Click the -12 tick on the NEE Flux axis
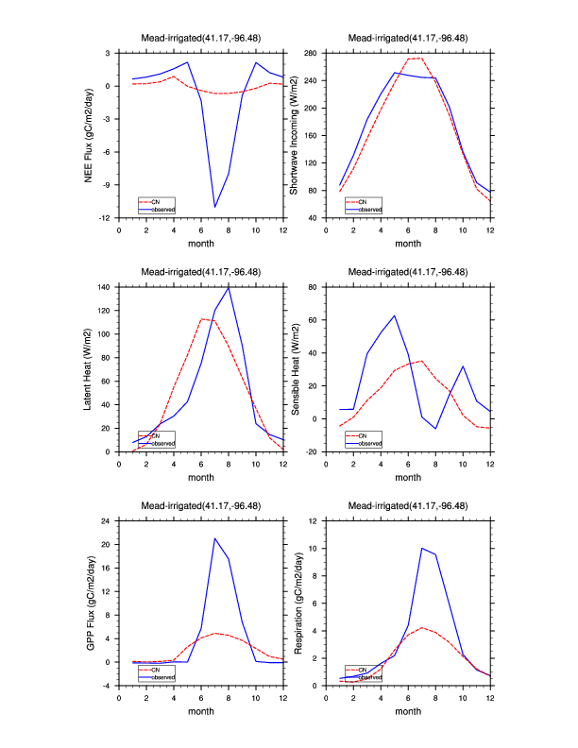(x=107, y=218)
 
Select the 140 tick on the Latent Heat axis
(x=106, y=286)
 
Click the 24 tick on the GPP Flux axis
(x=108, y=520)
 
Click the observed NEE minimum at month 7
(x=215, y=207)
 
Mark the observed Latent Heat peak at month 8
(x=229, y=286)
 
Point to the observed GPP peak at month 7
(x=215, y=538)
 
